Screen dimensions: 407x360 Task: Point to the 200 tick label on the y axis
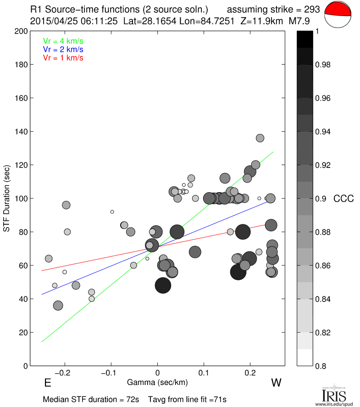click(x=21, y=31)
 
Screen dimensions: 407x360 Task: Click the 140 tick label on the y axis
click(x=21, y=132)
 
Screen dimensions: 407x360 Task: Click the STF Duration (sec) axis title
click(x=8, y=198)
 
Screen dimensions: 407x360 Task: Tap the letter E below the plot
click(x=47, y=383)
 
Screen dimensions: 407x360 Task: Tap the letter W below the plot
click(x=275, y=383)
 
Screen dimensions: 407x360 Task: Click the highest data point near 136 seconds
click(x=260, y=138)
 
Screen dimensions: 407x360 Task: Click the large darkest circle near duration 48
click(x=163, y=285)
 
